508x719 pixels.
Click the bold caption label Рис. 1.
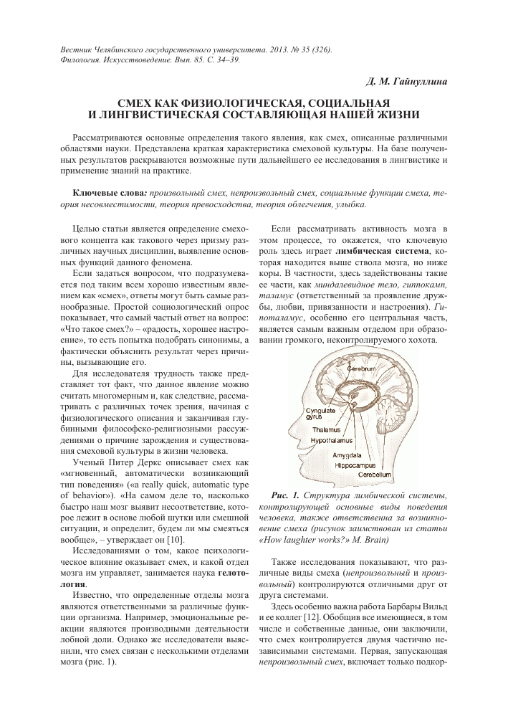pyautogui.click(x=288, y=495)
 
